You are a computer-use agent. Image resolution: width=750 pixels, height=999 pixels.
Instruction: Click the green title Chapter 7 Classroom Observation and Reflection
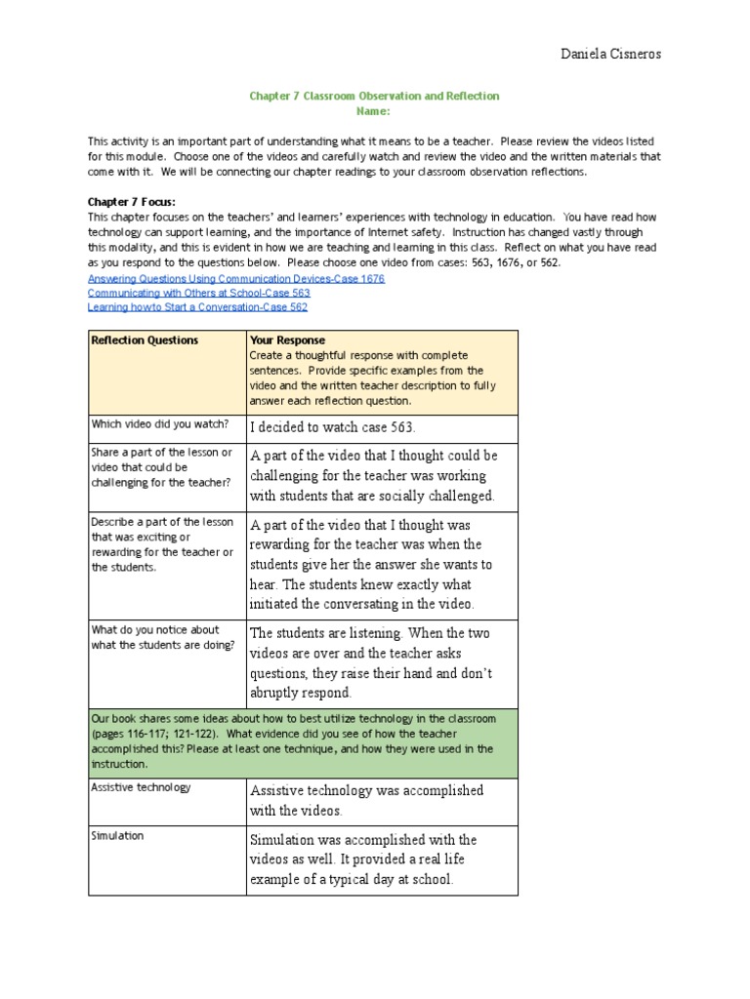click(x=374, y=96)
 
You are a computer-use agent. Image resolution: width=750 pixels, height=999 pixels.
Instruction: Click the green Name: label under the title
click(x=374, y=112)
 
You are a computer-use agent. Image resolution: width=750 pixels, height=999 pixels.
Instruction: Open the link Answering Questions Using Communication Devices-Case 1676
click(x=236, y=278)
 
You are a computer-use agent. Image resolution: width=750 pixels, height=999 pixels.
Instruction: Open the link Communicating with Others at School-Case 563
click(x=199, y=292)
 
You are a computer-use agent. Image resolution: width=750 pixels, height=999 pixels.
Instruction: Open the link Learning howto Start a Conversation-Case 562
click(x=197, y=306)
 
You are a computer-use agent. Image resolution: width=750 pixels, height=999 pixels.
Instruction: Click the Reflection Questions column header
click(x=145, y=340)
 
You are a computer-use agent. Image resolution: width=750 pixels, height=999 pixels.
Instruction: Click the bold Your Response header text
click(x=288, y=340)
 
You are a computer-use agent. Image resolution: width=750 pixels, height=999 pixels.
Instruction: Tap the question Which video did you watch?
click(x=160, y=423)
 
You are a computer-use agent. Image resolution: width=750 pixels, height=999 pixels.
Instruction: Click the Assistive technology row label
click(x=141, y=786)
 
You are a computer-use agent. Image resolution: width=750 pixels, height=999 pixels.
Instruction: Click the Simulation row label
click(x=117, y=835)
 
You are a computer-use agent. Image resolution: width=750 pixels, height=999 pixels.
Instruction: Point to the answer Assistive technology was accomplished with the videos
click(x=366, y=800)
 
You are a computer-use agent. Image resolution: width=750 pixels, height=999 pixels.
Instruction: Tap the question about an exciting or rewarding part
click(x=162, y=544)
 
